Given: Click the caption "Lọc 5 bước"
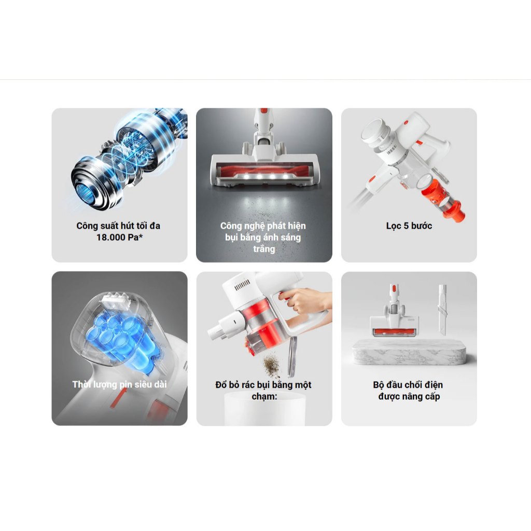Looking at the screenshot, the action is (x=409, y=226).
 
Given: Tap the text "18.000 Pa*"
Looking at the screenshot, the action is (x=120, y=237).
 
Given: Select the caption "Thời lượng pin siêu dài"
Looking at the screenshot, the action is (x=120, y=384).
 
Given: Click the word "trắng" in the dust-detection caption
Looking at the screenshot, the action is (x=264, y=249).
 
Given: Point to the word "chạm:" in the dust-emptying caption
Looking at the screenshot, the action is (x=264, y=396).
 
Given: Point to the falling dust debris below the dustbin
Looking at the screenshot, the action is (x=272, y=366).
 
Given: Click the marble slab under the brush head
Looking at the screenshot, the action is (x=409, y=353).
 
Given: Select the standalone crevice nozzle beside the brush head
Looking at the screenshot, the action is (x=442, y=309).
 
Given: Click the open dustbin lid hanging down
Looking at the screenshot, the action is (x=291, y=357).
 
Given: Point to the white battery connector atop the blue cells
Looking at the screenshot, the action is (x=116, y=301).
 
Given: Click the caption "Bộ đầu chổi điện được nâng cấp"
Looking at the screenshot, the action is (x=409, y=390).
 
